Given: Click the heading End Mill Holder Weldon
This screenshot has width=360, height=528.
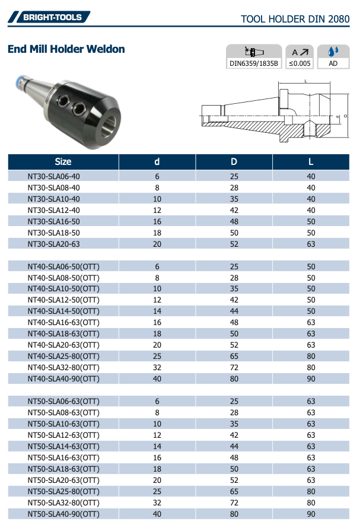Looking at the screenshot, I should [66, 49].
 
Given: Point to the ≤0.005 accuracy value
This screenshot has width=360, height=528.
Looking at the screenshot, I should [300, 63].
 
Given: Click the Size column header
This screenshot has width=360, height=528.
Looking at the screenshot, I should [63, 161].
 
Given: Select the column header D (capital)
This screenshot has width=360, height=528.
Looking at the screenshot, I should [234, 161].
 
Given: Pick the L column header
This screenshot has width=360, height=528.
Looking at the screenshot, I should [311, 161].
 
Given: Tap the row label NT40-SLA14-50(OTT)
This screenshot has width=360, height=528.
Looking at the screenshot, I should [63, 311].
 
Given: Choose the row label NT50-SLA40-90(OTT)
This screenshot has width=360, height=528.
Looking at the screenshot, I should [63, 514].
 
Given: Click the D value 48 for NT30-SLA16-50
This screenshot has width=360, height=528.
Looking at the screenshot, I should [234, 221].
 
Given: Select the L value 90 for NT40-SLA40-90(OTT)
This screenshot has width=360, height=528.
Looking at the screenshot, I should [311, 378].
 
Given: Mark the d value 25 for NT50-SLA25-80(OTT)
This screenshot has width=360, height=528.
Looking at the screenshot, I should [157, 491].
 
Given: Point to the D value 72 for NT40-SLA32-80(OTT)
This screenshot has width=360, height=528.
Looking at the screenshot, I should [234, 367].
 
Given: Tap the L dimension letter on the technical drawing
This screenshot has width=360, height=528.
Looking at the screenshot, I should [305, 80].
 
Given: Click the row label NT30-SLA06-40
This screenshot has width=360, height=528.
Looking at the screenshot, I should [53, 176].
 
